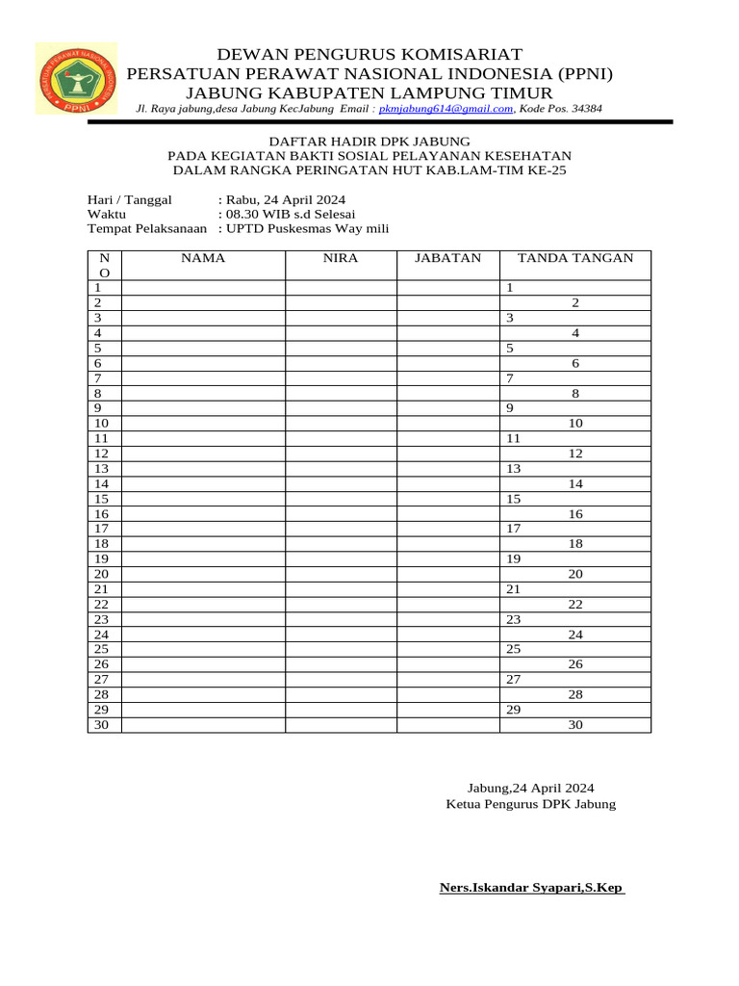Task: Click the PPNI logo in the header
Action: (x=76, y=79)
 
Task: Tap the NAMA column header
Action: (x=203, y=258)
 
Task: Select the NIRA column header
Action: (x=341, y=258)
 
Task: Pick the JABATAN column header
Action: (x=447, y=258)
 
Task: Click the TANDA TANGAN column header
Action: (x=575, y=258)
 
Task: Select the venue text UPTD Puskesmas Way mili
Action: (x=307, y=228)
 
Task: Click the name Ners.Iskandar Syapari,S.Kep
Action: (x=530, y=887)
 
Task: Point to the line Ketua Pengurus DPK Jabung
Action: (x=531, y=804)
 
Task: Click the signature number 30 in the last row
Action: (x=575, y=725)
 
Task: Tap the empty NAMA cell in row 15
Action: (x=203, y=499)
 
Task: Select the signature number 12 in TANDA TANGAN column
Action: (x=575, y=454)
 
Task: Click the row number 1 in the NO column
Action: (x=97, y=288)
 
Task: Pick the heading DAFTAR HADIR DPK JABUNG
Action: (x=369, y=141)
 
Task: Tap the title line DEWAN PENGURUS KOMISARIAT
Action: (x=369, y=53)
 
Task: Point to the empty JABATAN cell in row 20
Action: (x=447, y=574)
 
